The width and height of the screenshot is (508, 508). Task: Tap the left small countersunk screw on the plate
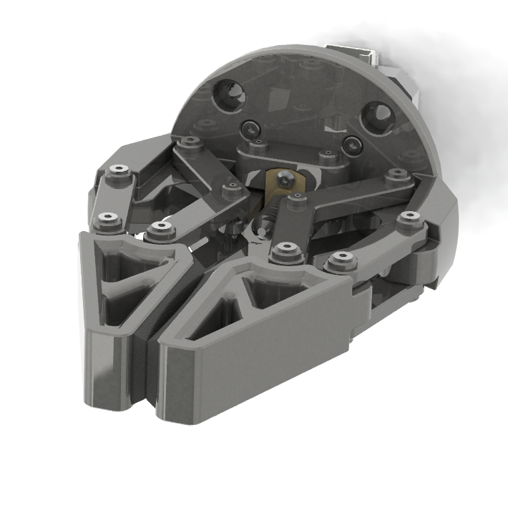[x=250, y=129]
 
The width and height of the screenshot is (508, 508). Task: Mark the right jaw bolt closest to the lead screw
[x=284, y=250]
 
